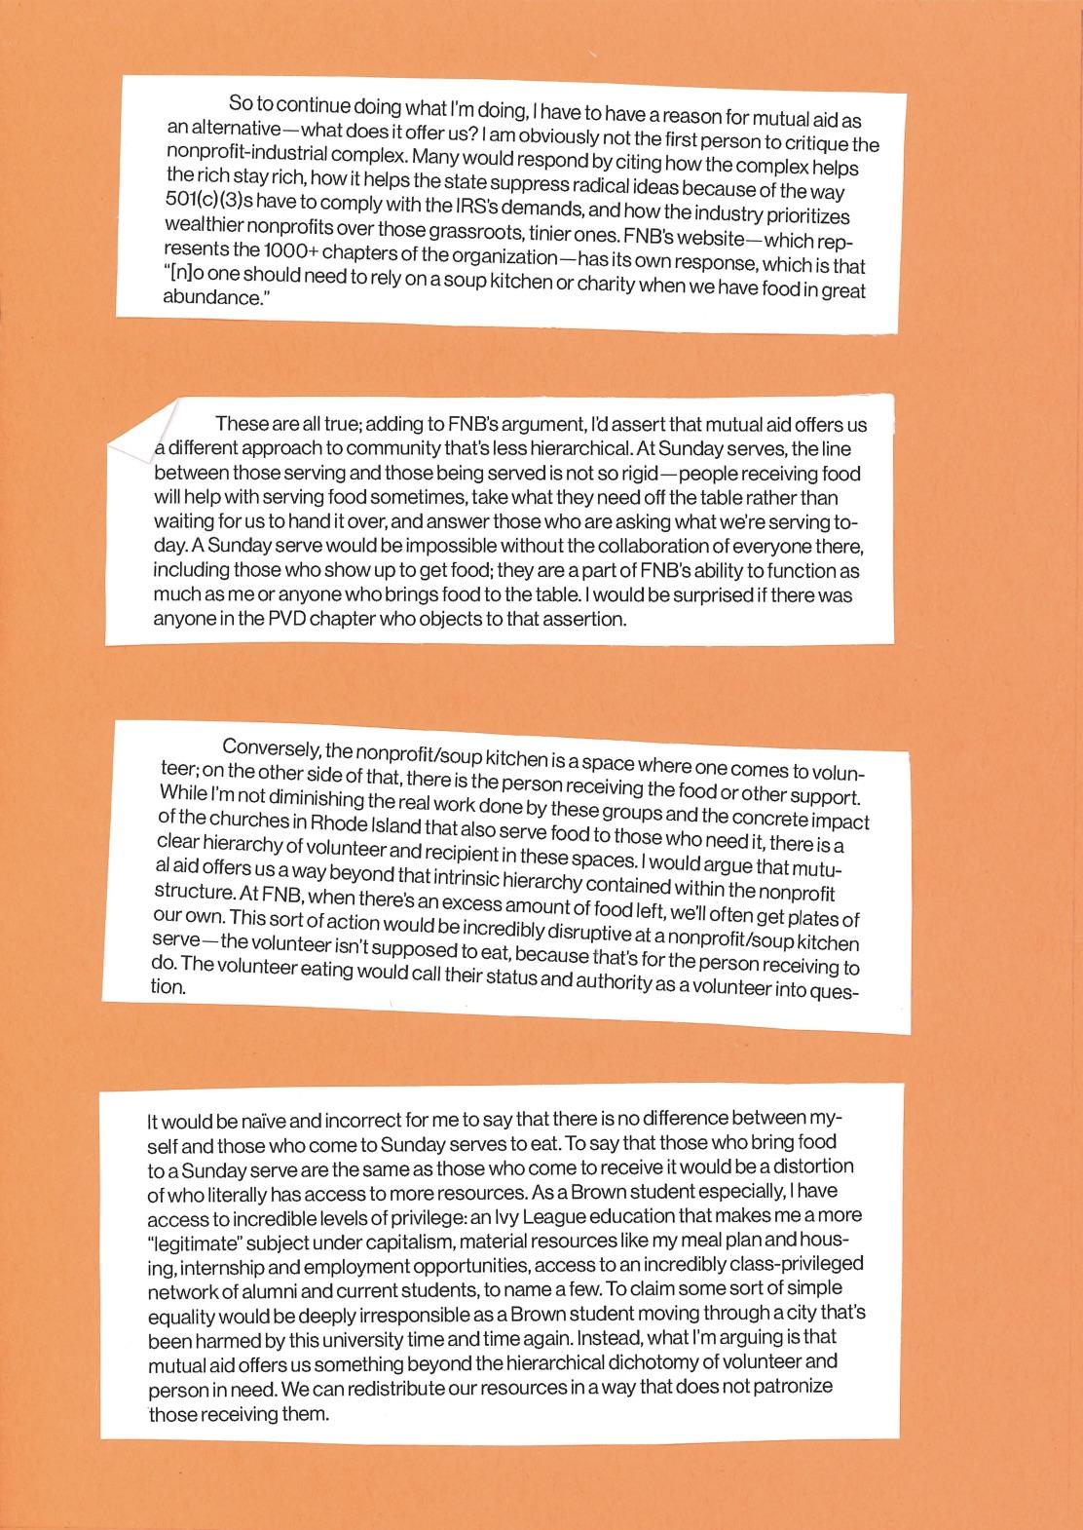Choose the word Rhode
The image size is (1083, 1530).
pyautogui.click(x=321, y=820)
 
